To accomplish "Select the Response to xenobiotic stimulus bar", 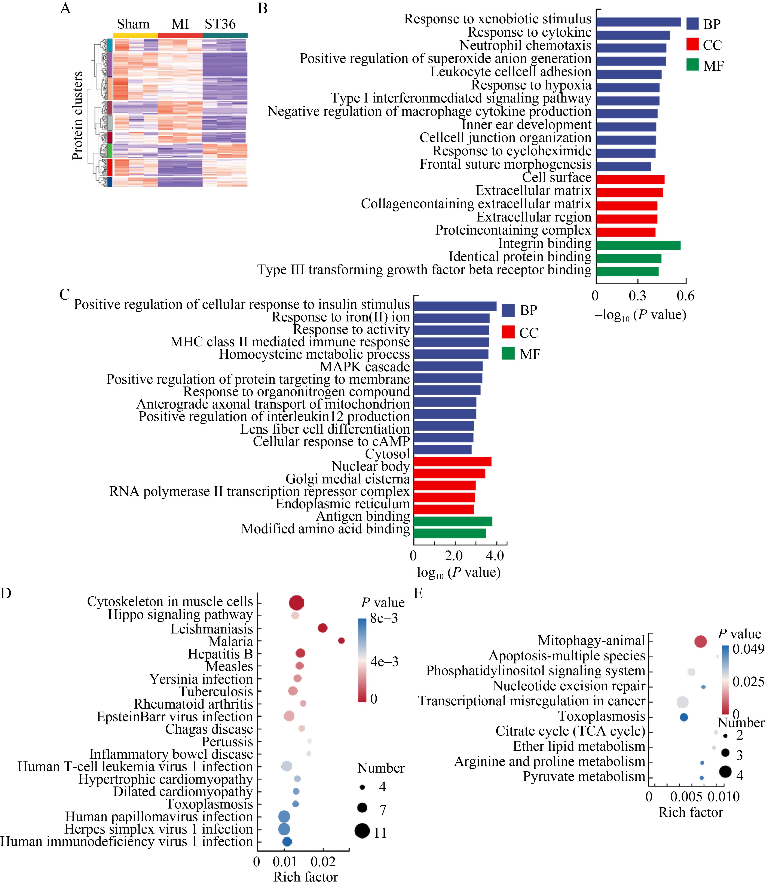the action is (x=638, y=22).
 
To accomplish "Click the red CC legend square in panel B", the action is (x=692, y=45).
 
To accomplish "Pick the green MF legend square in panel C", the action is (x=508, y=354).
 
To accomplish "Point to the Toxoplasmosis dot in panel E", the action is (x=684, y=717).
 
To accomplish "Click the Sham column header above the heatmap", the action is (x=133, y=24).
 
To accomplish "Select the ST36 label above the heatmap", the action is (x=220, y=24).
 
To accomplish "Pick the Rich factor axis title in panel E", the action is (x=691, y=812).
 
